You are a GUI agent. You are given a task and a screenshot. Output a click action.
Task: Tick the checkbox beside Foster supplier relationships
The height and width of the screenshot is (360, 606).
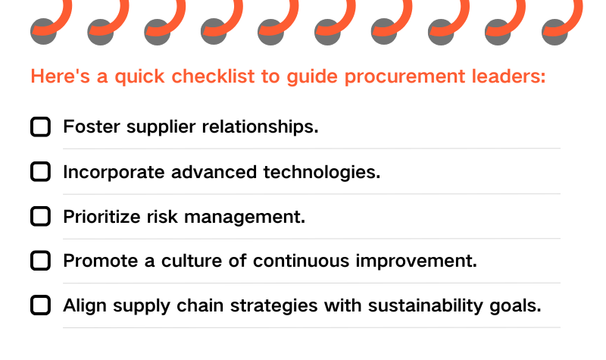(x=41, y=127)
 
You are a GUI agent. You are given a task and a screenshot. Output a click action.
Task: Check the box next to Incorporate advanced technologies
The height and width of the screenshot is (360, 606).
(x=41, y=172)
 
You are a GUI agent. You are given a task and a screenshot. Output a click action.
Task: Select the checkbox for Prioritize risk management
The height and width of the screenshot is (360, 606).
(x=41, y=216)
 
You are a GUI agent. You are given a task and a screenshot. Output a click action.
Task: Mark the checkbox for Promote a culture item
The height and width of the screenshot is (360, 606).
(x=41, y=261)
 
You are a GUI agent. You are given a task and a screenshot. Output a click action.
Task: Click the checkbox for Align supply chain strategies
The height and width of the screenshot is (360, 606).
(x=41, y=305)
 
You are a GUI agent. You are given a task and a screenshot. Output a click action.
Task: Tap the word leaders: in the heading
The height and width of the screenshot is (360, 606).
(x=508, y=77)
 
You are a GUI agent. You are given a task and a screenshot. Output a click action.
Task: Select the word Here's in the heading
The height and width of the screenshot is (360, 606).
(x=61, y=77)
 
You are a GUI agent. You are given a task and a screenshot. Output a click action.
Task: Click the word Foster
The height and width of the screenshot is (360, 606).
(x=92, y=127)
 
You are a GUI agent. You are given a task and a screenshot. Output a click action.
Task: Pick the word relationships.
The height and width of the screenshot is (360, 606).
(x=260, y=127)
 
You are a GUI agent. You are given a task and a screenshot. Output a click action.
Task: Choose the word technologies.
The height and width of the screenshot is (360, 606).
(x=322, y=173)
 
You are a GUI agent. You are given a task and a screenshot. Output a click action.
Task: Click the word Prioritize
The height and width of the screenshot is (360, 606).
(x=102, y=217)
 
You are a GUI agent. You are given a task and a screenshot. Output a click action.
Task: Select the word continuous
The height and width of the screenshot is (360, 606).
(x=301, y=261)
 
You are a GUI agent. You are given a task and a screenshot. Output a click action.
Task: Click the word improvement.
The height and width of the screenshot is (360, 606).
(x=416, y=261)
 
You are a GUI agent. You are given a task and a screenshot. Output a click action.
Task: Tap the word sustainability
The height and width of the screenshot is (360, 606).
(x=426, y=306)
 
